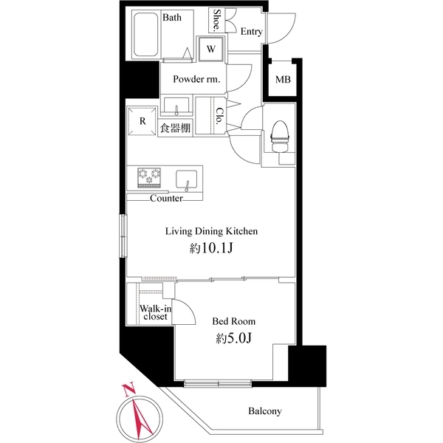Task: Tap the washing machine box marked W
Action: tap(211, 49)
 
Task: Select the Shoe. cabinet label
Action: tap(218, 21)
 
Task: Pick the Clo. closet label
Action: tap(220, 117)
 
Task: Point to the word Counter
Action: tap(166, 199)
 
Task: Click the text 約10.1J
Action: tap(210, 249)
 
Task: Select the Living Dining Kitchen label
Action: tap(210, 231)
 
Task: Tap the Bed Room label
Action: tap(233, 321)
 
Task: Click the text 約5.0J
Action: tap(233, 339)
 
